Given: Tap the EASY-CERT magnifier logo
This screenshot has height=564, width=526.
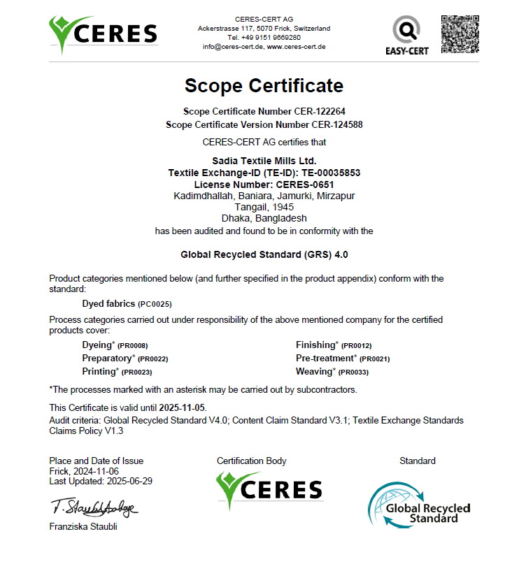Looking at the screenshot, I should (x=406, y=35).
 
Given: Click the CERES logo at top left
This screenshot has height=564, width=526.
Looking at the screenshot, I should (x=103, y=34).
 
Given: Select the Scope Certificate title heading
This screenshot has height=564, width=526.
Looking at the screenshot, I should (x=264, y=86).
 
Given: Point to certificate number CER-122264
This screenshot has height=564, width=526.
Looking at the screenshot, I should (x=321, y=111).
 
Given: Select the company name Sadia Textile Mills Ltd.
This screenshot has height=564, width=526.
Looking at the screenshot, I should (x=264, y=161).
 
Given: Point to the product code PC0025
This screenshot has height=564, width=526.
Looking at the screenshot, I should (x=155, y=305).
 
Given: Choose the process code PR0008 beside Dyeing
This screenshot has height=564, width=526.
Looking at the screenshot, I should (x=132, y=346).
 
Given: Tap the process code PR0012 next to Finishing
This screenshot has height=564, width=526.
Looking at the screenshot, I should (x=356, y=346).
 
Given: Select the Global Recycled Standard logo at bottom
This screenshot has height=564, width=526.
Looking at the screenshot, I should (x=419, y=502).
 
